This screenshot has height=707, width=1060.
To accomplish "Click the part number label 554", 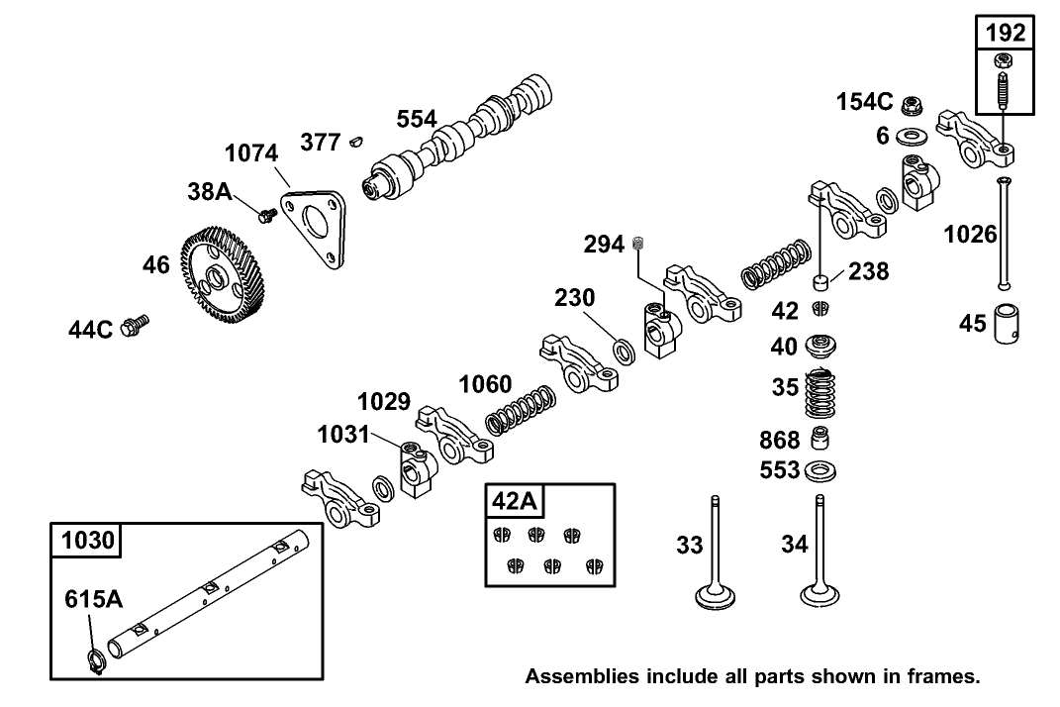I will (417, 120).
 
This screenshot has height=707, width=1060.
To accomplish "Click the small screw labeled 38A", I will (265, 212).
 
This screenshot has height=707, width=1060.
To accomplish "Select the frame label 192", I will (1005, 33).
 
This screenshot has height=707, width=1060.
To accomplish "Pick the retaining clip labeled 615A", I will (94, 662).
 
